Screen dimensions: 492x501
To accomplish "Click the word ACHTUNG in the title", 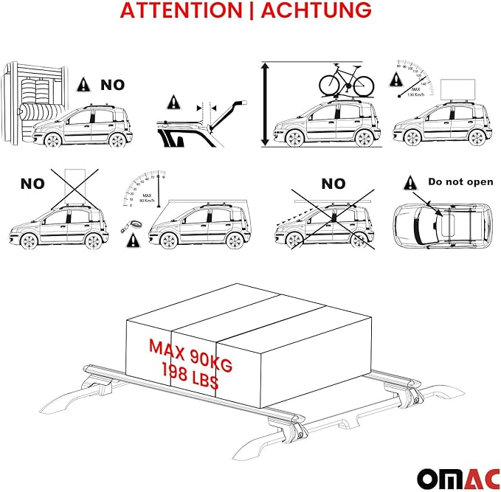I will tap(316, 11).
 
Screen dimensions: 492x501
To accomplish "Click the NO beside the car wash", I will tap(113, 85).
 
